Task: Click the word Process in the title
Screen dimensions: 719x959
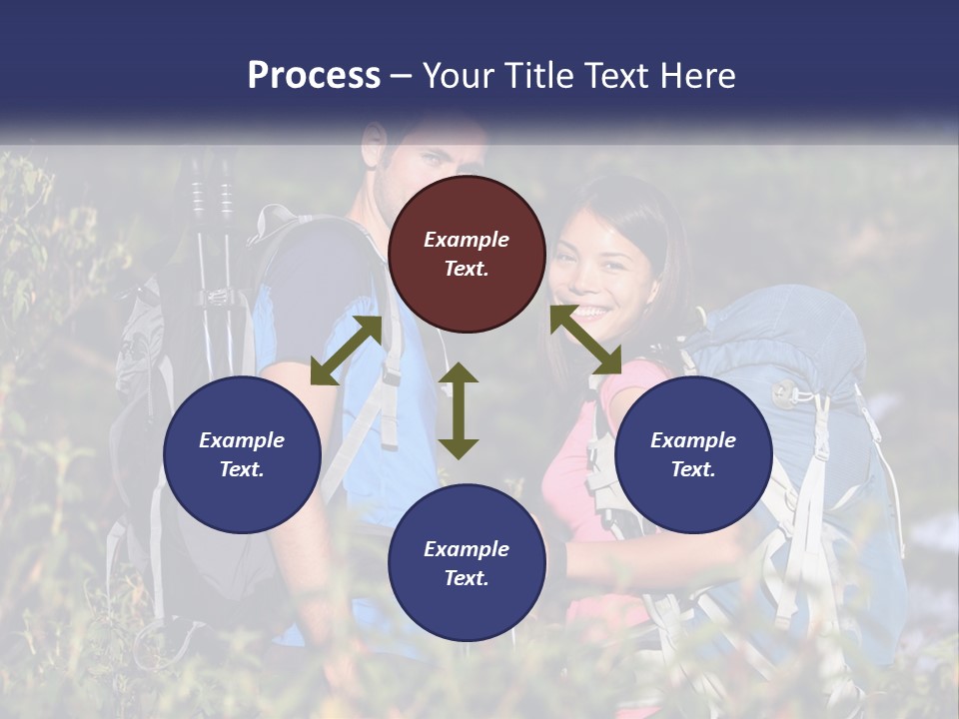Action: pyautogui.click(x=314, y=76)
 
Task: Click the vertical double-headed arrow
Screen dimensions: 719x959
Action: pyautogui.click(x=459, y=410)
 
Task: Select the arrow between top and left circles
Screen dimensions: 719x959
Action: pyautogui.click(x=346, y=351)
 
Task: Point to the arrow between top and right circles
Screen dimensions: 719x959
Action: pyautogui.click(x=586, y=341)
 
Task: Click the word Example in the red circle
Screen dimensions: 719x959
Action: pyautogui.click(x=467, y=240)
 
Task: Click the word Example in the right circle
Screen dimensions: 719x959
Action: pyautogui.click(x=693, y=440)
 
